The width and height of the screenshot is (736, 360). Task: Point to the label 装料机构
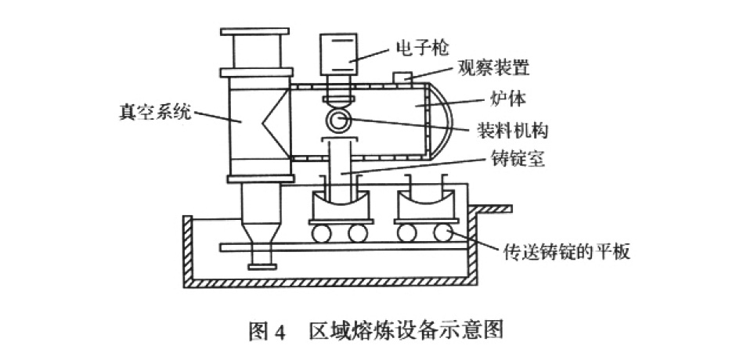515,129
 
